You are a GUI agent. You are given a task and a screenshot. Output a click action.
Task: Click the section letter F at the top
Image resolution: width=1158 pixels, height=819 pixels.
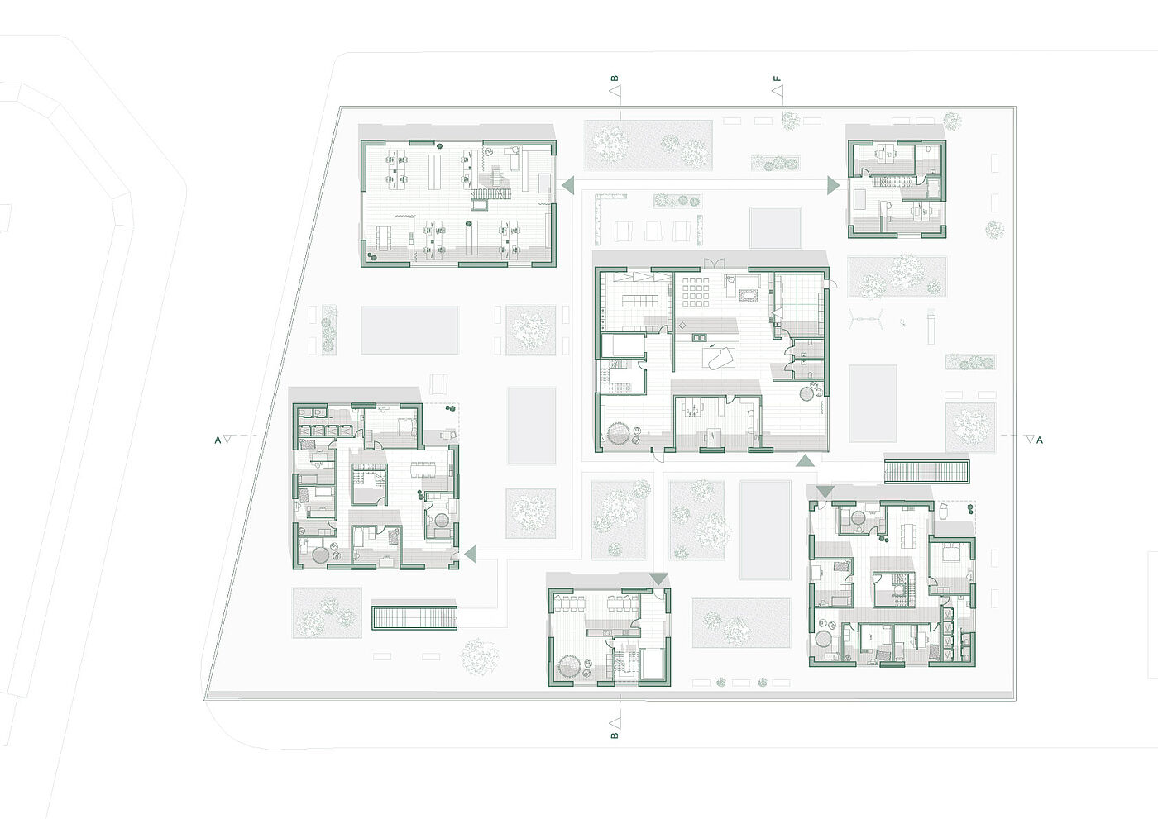click(x=777, y=79)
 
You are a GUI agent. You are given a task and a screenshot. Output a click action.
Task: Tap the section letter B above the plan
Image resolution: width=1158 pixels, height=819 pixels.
click(x=615, y=79)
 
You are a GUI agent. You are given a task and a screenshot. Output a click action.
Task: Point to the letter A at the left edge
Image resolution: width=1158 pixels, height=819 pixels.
click(x=218, y=440)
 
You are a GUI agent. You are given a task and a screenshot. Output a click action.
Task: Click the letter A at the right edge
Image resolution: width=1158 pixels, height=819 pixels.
click(x=1040, y=440)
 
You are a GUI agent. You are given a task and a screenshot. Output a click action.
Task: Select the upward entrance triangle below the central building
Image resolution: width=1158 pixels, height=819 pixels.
click(x=805, y=461)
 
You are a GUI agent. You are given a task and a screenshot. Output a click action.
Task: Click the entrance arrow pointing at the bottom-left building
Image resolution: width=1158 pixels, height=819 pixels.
click(x=470, y=555)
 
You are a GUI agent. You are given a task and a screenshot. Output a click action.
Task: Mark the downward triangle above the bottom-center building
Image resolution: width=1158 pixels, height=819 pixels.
click(x=658, y=579)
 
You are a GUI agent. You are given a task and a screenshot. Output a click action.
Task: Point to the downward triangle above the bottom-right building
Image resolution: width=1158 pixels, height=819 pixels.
click(x=824, y=492)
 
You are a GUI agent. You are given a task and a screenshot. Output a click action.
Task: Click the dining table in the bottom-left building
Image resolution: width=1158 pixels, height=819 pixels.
click(x=423, y=469)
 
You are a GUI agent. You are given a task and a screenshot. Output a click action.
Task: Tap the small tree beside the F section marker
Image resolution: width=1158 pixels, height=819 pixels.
click(x=791, y=121)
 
